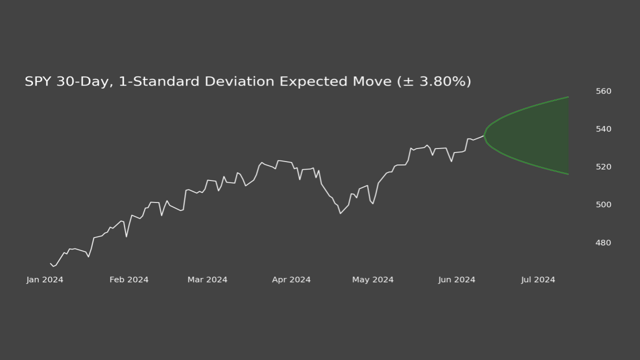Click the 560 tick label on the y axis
pyautogui.click(x=603, y=91)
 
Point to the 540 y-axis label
pyautogui.click(x=603, y=129)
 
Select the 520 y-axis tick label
pyautogui.click(x=603, y=166)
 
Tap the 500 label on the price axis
pyautogui.click(x=603, y=204)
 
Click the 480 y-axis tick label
pyautogui.click(x=603, y=242)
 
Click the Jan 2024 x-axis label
pyautogui.click(x=45, y=279)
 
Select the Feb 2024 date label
pyautogui.click(x=129, y=279)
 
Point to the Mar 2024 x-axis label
pyautogui.click(x=207, y=279)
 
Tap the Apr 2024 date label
pyautogui.click(x=291, y=279)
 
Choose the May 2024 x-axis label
pyautogui.click(x=372, y=279)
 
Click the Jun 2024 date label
pyautogui.click(x=456, y=279)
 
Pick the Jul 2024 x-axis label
pyautogui.click(x=538, y=279)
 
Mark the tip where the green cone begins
pyautogui.click(x=484, y=135)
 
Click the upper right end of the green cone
pyautogui.click(x=568, y=97)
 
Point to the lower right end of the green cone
pyautogui.click(x=568, y=174)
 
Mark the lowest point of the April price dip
pyautogui.click(x=340, y=213)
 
